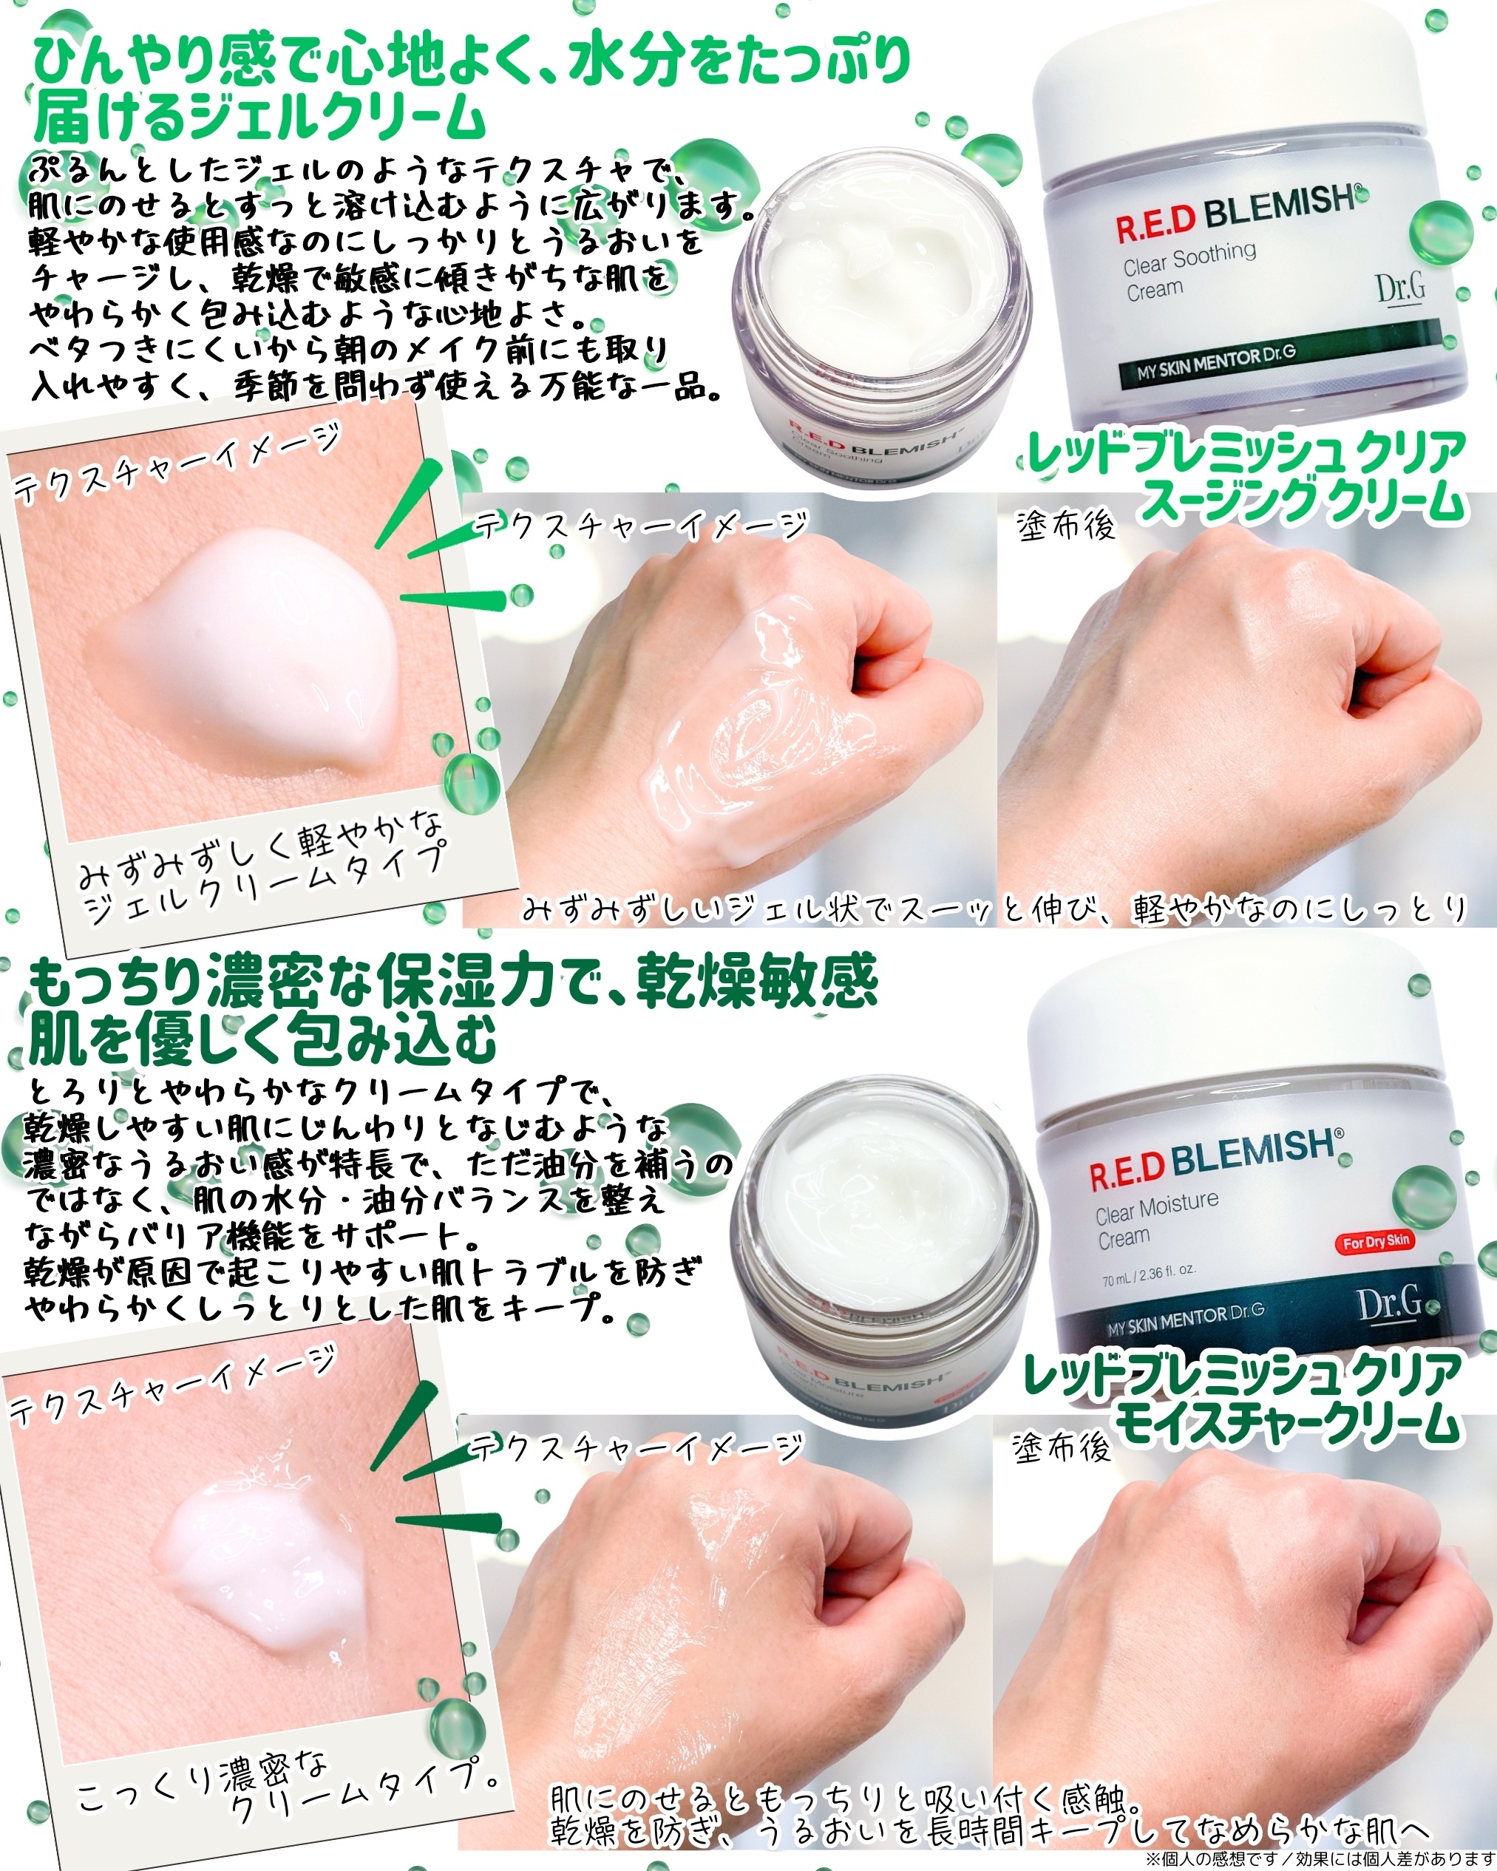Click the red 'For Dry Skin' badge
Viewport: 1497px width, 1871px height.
coord(1376,1242)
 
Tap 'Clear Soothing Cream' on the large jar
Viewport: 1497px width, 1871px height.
coord(1189,270)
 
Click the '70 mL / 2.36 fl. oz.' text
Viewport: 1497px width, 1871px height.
coord(1148,1272)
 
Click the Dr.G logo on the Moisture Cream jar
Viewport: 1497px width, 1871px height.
coord(1391,1303)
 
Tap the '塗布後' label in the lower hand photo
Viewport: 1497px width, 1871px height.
coord(1062,1447)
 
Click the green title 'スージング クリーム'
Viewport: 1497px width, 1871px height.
coord(1302,502)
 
